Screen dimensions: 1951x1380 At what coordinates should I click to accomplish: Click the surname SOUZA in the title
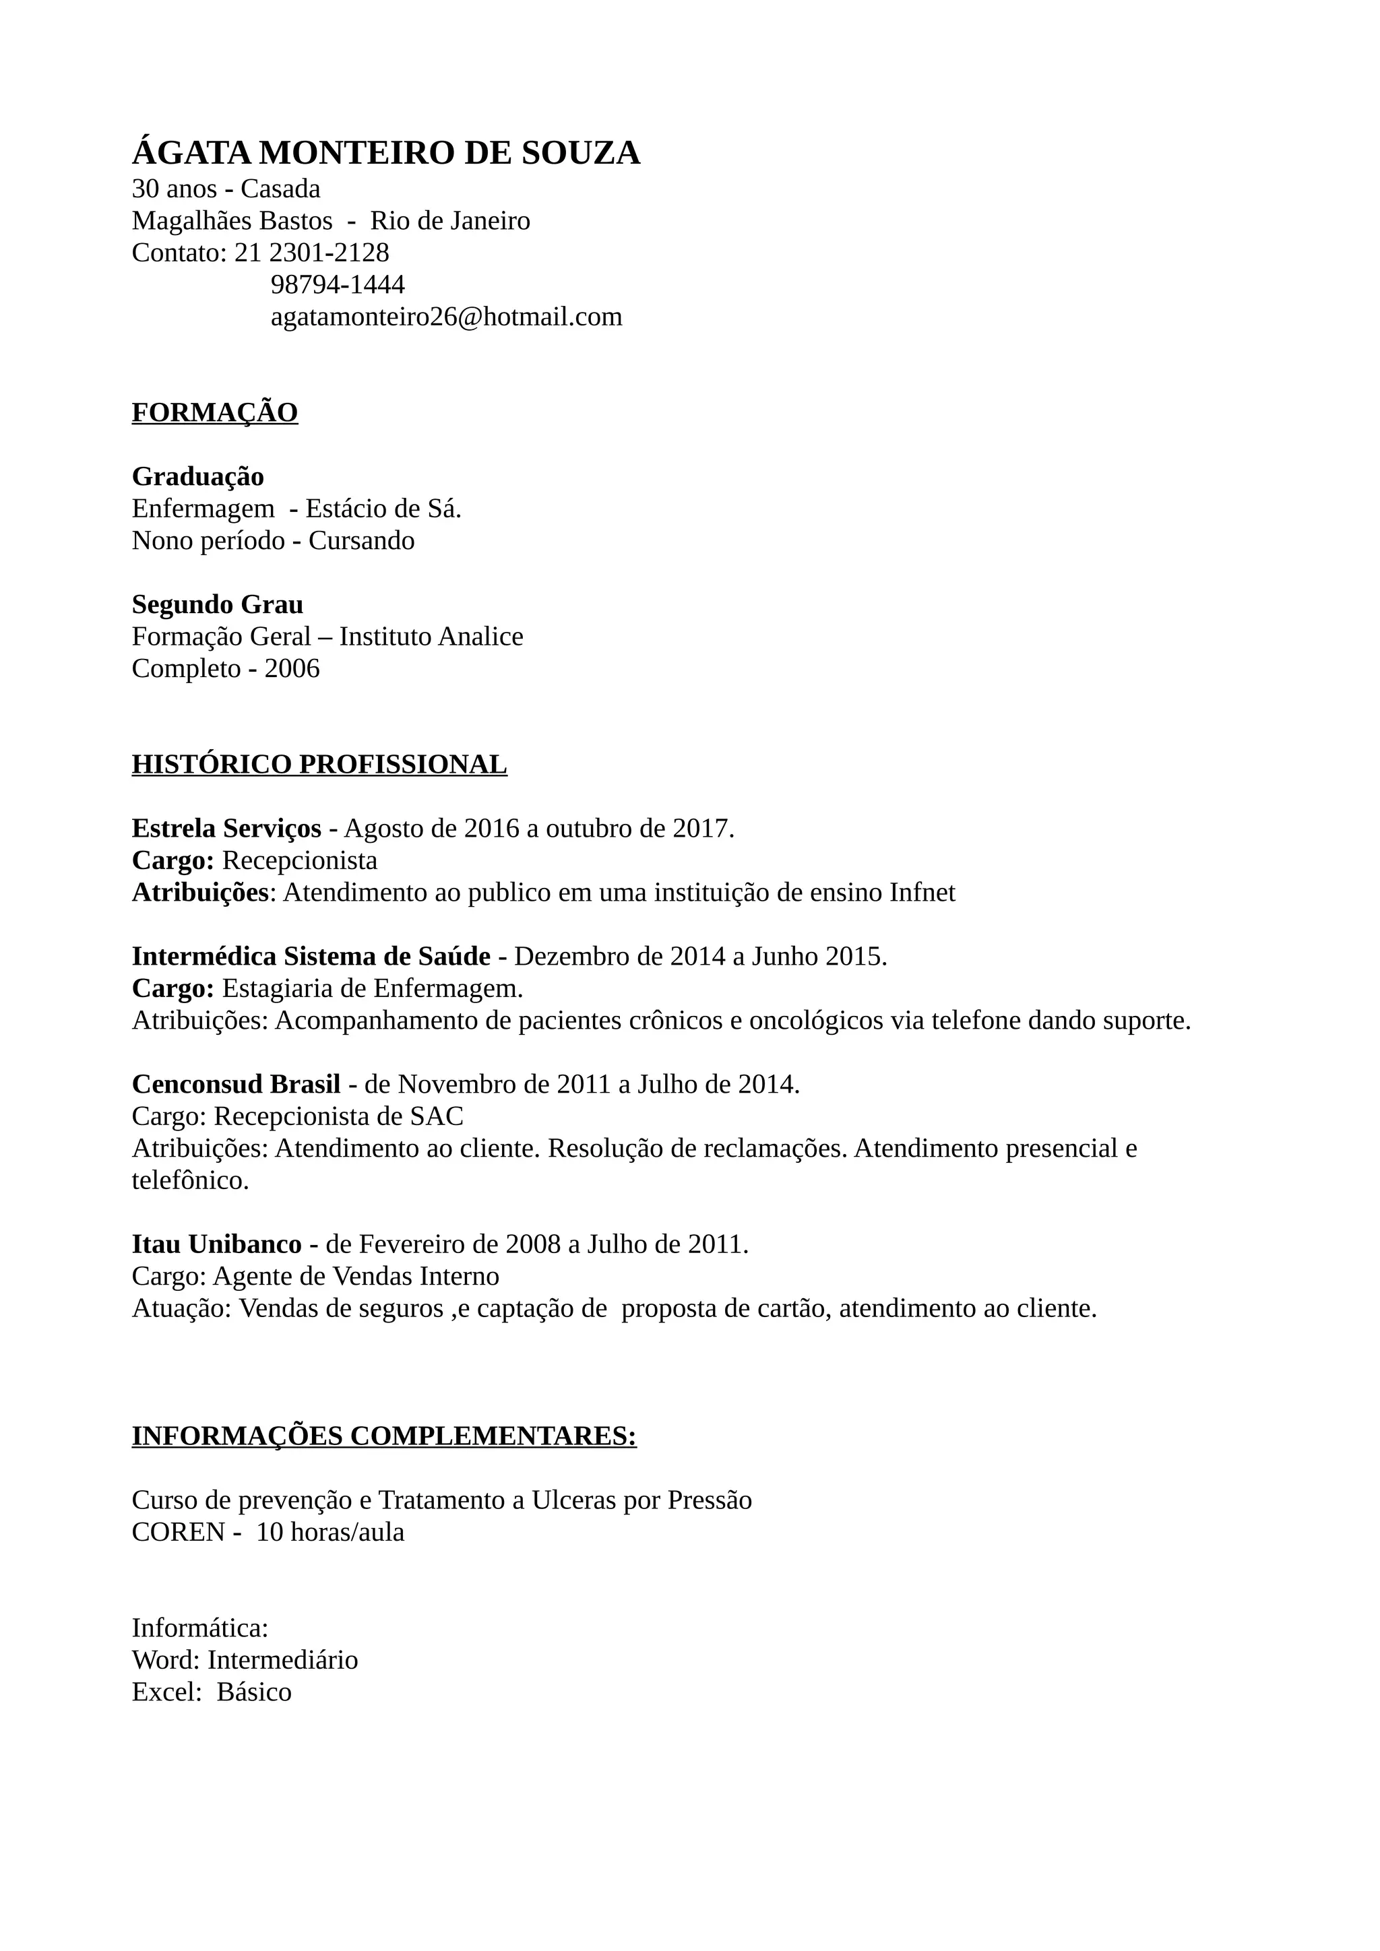[580, 153]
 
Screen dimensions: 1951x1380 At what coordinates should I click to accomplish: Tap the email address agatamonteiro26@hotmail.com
[446, 317]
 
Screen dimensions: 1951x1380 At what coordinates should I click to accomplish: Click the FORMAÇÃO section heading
[214, 412]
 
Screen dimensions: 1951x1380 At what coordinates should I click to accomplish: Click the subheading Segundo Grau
[217, 604]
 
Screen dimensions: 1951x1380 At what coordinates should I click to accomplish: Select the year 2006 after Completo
[292, 669]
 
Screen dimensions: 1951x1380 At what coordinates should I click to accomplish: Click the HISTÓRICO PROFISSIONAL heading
[319, 764]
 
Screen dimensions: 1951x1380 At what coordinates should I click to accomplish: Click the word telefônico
[189, 1180]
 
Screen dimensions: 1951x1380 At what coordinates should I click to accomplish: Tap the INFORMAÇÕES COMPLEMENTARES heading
[383, 1436]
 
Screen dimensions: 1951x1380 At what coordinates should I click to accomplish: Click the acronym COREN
[178, 1532]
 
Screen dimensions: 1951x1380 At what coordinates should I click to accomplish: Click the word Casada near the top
[280, 189]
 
